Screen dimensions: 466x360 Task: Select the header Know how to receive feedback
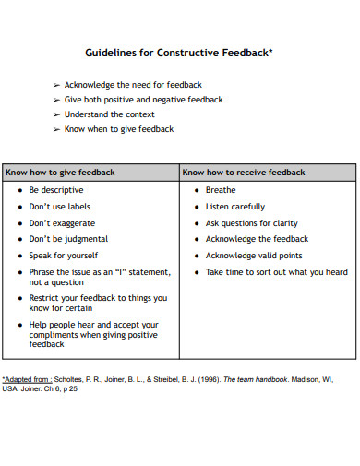pos(243,172)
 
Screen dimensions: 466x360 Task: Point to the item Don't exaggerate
pos(62,223)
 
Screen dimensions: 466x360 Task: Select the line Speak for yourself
pos(63,256)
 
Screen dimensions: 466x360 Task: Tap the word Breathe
pos(221,190)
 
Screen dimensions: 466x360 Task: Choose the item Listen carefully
pos(234,207)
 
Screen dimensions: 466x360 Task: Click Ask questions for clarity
pos(251,223)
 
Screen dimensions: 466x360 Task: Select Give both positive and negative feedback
pos(143,100)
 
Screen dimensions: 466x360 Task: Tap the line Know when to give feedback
pos(118,129)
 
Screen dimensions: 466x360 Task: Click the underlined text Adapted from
pos(26,379)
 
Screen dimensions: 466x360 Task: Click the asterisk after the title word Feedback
pos(270,51)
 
